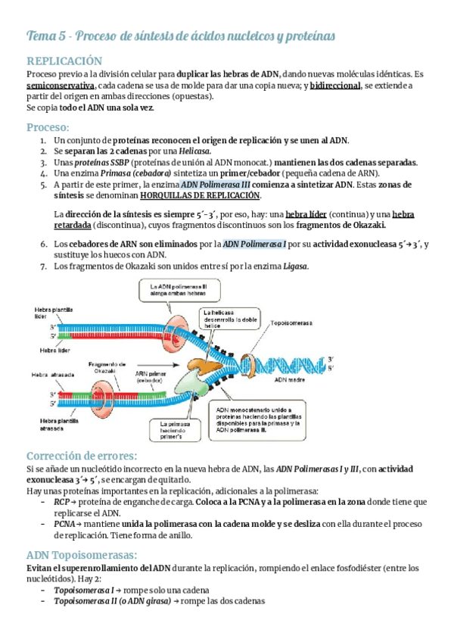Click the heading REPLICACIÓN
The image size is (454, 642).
pos(64,61)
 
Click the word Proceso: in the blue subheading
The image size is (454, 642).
pos(47,126)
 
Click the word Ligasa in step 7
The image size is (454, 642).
pos(296,266)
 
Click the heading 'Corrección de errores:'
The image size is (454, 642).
pos(82,456)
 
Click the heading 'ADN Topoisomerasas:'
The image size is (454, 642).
pos(79,554)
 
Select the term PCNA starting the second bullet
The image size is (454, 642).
pos(65,523)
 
